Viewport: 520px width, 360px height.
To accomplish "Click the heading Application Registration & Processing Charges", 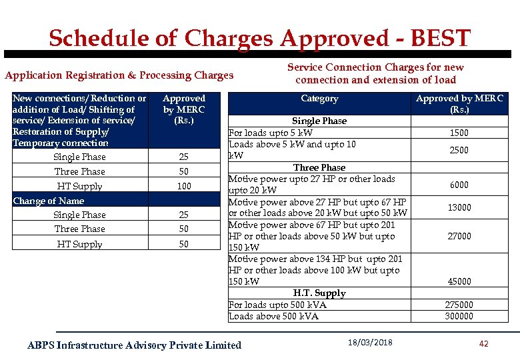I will click(x=119, y=75).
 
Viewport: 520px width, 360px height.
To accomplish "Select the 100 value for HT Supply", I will click(x=184, y=187).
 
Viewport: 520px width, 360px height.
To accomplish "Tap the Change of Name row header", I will click(x=49, y=201).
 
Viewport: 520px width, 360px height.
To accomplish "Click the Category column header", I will click(x=319, y=99).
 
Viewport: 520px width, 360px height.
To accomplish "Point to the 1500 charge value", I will click(x=459, y=133).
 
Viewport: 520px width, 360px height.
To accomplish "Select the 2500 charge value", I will click(x=459, y=150).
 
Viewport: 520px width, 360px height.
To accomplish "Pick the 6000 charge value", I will click(x=459, y=185).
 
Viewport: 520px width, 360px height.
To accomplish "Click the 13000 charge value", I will click(x=459, y=207).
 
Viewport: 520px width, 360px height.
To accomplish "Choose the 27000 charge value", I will click(x=459, y=236).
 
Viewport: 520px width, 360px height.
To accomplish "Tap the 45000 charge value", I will click(x=459, y=282).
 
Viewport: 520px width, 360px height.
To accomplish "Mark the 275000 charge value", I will click(x=459, y=305).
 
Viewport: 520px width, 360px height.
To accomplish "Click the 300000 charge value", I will click(x=459, y=316).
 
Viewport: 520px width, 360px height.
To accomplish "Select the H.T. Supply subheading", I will click(x=319, y=293).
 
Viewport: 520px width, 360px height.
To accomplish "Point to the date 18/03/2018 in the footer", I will click(x=370, y=343).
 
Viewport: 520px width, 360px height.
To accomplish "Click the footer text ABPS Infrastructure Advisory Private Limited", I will click(x=134, y=345).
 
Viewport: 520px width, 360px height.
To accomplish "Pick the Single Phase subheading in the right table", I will click(x=319, y=121).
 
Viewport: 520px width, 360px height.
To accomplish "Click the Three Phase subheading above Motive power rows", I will click(x=319, y=167).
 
